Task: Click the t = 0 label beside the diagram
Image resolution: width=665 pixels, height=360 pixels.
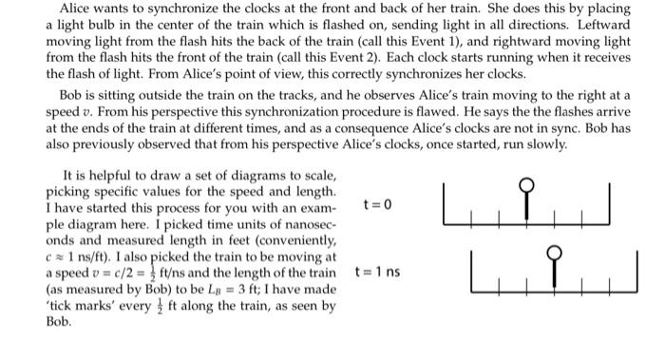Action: pyautogui.click(x=377, y=204)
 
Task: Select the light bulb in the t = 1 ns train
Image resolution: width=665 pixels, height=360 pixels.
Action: pyautogui.click(x=557, y=253)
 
